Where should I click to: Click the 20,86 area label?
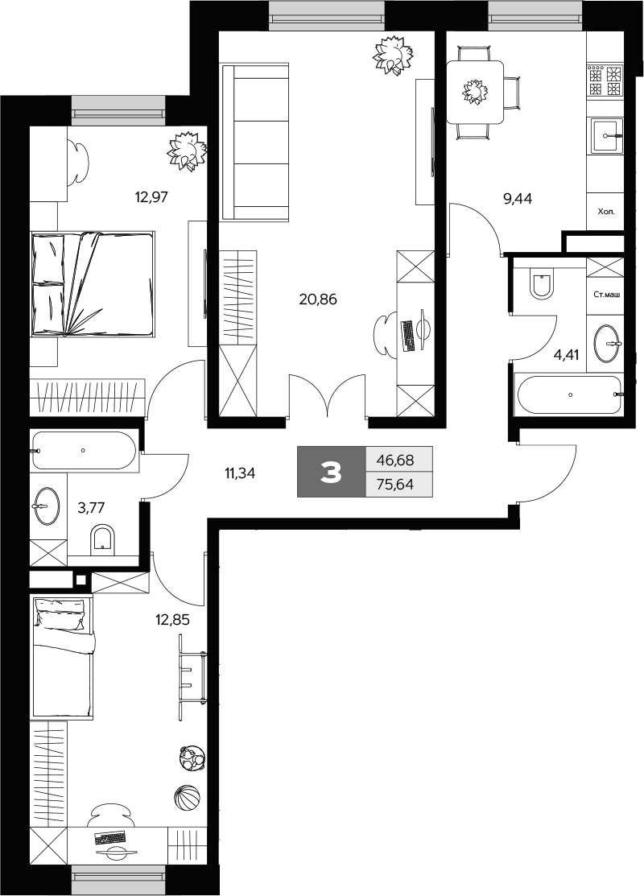(318, 299)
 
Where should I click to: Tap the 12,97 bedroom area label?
(151, 198)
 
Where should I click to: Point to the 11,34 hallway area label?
(239, 473)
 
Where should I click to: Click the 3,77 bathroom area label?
(92, 506)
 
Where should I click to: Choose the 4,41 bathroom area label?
(566, 355)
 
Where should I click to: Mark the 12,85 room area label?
(172, 619)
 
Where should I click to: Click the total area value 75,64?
(395, 485)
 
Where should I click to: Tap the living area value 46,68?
(395, 460)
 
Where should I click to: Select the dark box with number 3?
(332, 472)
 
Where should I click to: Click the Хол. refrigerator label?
(605, 212)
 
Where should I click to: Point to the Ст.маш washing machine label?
(606, 295)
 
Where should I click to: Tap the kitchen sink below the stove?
(606, 136)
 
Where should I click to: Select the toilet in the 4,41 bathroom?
(542, 284)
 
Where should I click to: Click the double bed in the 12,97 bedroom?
(93, 283)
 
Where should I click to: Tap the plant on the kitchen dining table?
(474, 92)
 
